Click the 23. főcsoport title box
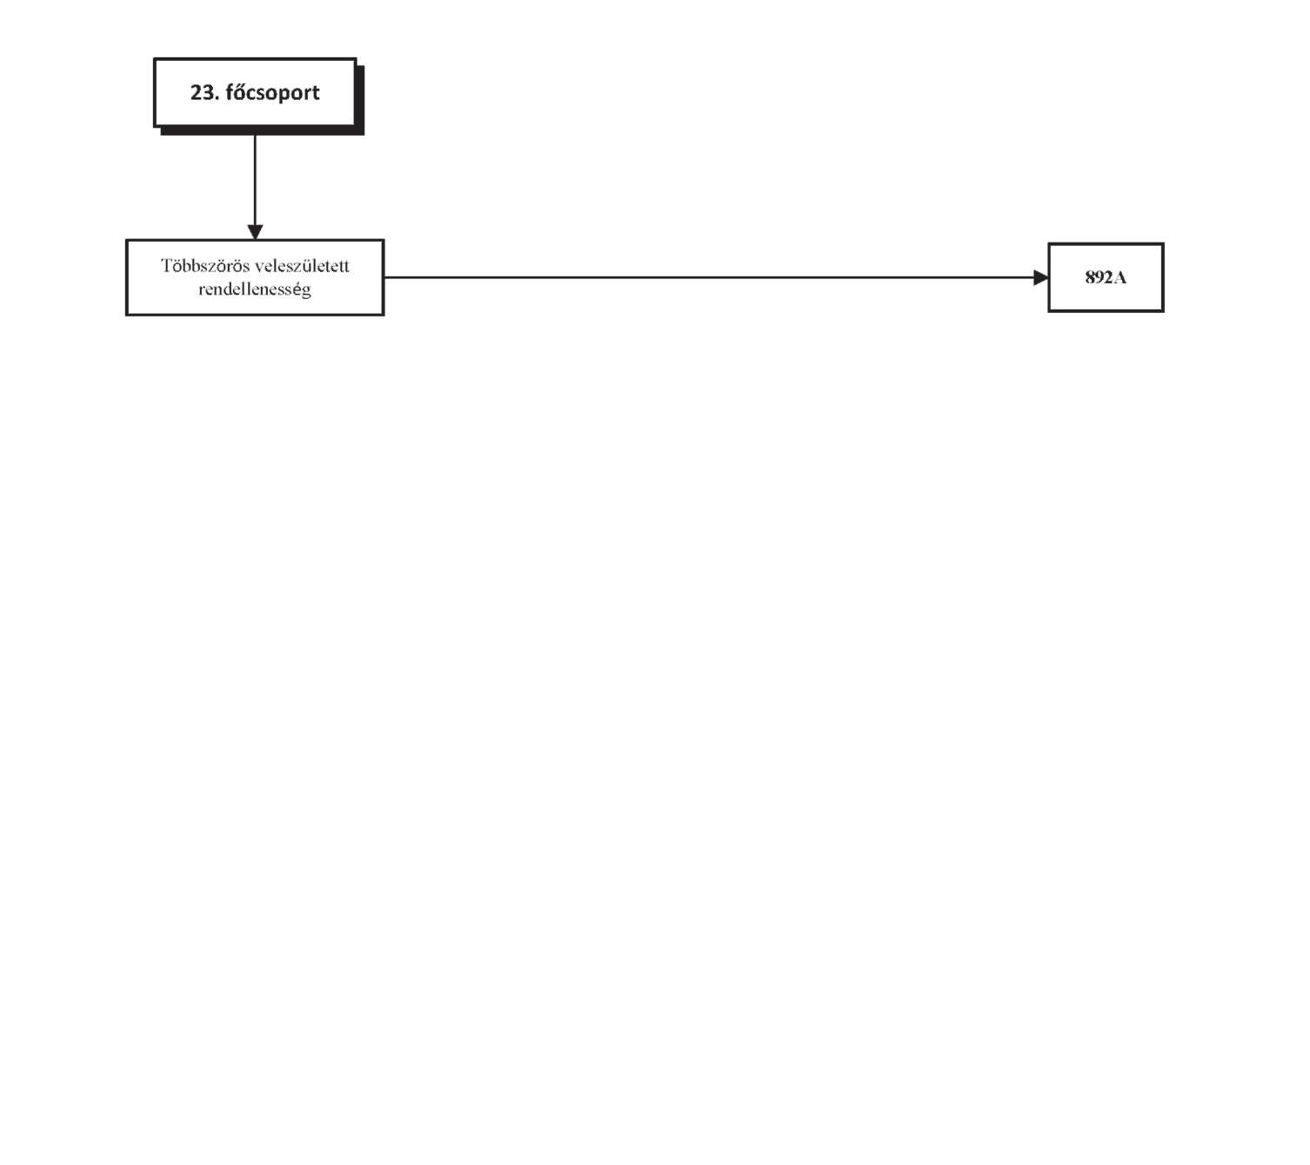coord(255,92)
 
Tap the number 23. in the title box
coord(205,92)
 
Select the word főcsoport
coord(273,93)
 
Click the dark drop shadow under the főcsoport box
coord(264,130)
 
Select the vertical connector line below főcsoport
coord(255,180)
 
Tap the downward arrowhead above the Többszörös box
coord(255,232)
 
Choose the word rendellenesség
coord(255,290)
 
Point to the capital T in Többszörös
coord(166,265)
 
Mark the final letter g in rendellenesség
coord(306,292)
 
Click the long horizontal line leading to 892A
coord(709,277)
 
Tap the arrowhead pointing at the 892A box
coord(1041,278)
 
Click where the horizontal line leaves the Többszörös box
coord(384,277)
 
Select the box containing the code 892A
coord(1106,278)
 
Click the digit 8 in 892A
coord(1090,278)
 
